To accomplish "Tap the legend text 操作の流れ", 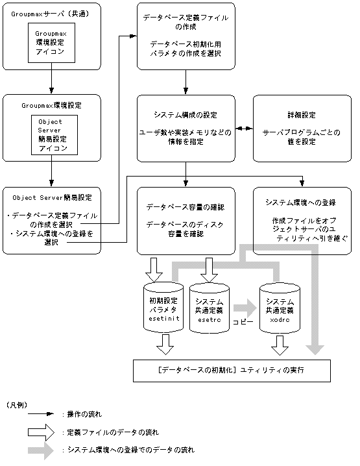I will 85,413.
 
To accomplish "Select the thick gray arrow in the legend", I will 40,449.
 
